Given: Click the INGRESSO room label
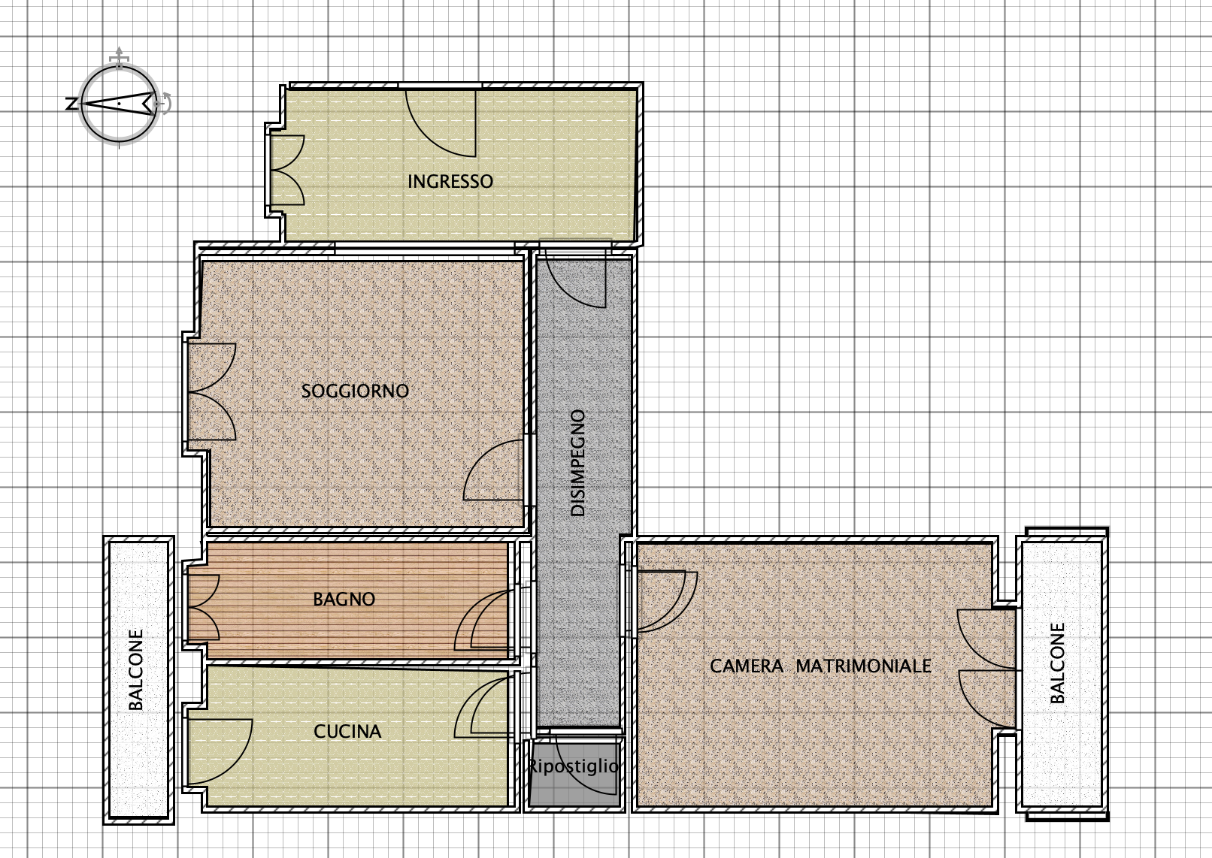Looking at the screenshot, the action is pos(450,182).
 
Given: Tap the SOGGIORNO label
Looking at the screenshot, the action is pos(355,391).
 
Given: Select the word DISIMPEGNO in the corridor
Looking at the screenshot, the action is pos(578,463).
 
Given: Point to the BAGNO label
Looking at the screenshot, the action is pos(344,599).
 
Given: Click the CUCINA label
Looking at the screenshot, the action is pos(347,732).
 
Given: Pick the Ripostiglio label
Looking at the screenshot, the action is pos(573,766).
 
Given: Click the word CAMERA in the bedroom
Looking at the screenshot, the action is pos(746,666).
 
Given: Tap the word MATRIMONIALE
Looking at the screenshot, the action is pos(864,666).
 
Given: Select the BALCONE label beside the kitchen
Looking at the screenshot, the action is pos(136,669).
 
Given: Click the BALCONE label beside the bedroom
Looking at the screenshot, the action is pos(1057,663).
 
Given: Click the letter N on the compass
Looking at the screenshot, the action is pos(71,104).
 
